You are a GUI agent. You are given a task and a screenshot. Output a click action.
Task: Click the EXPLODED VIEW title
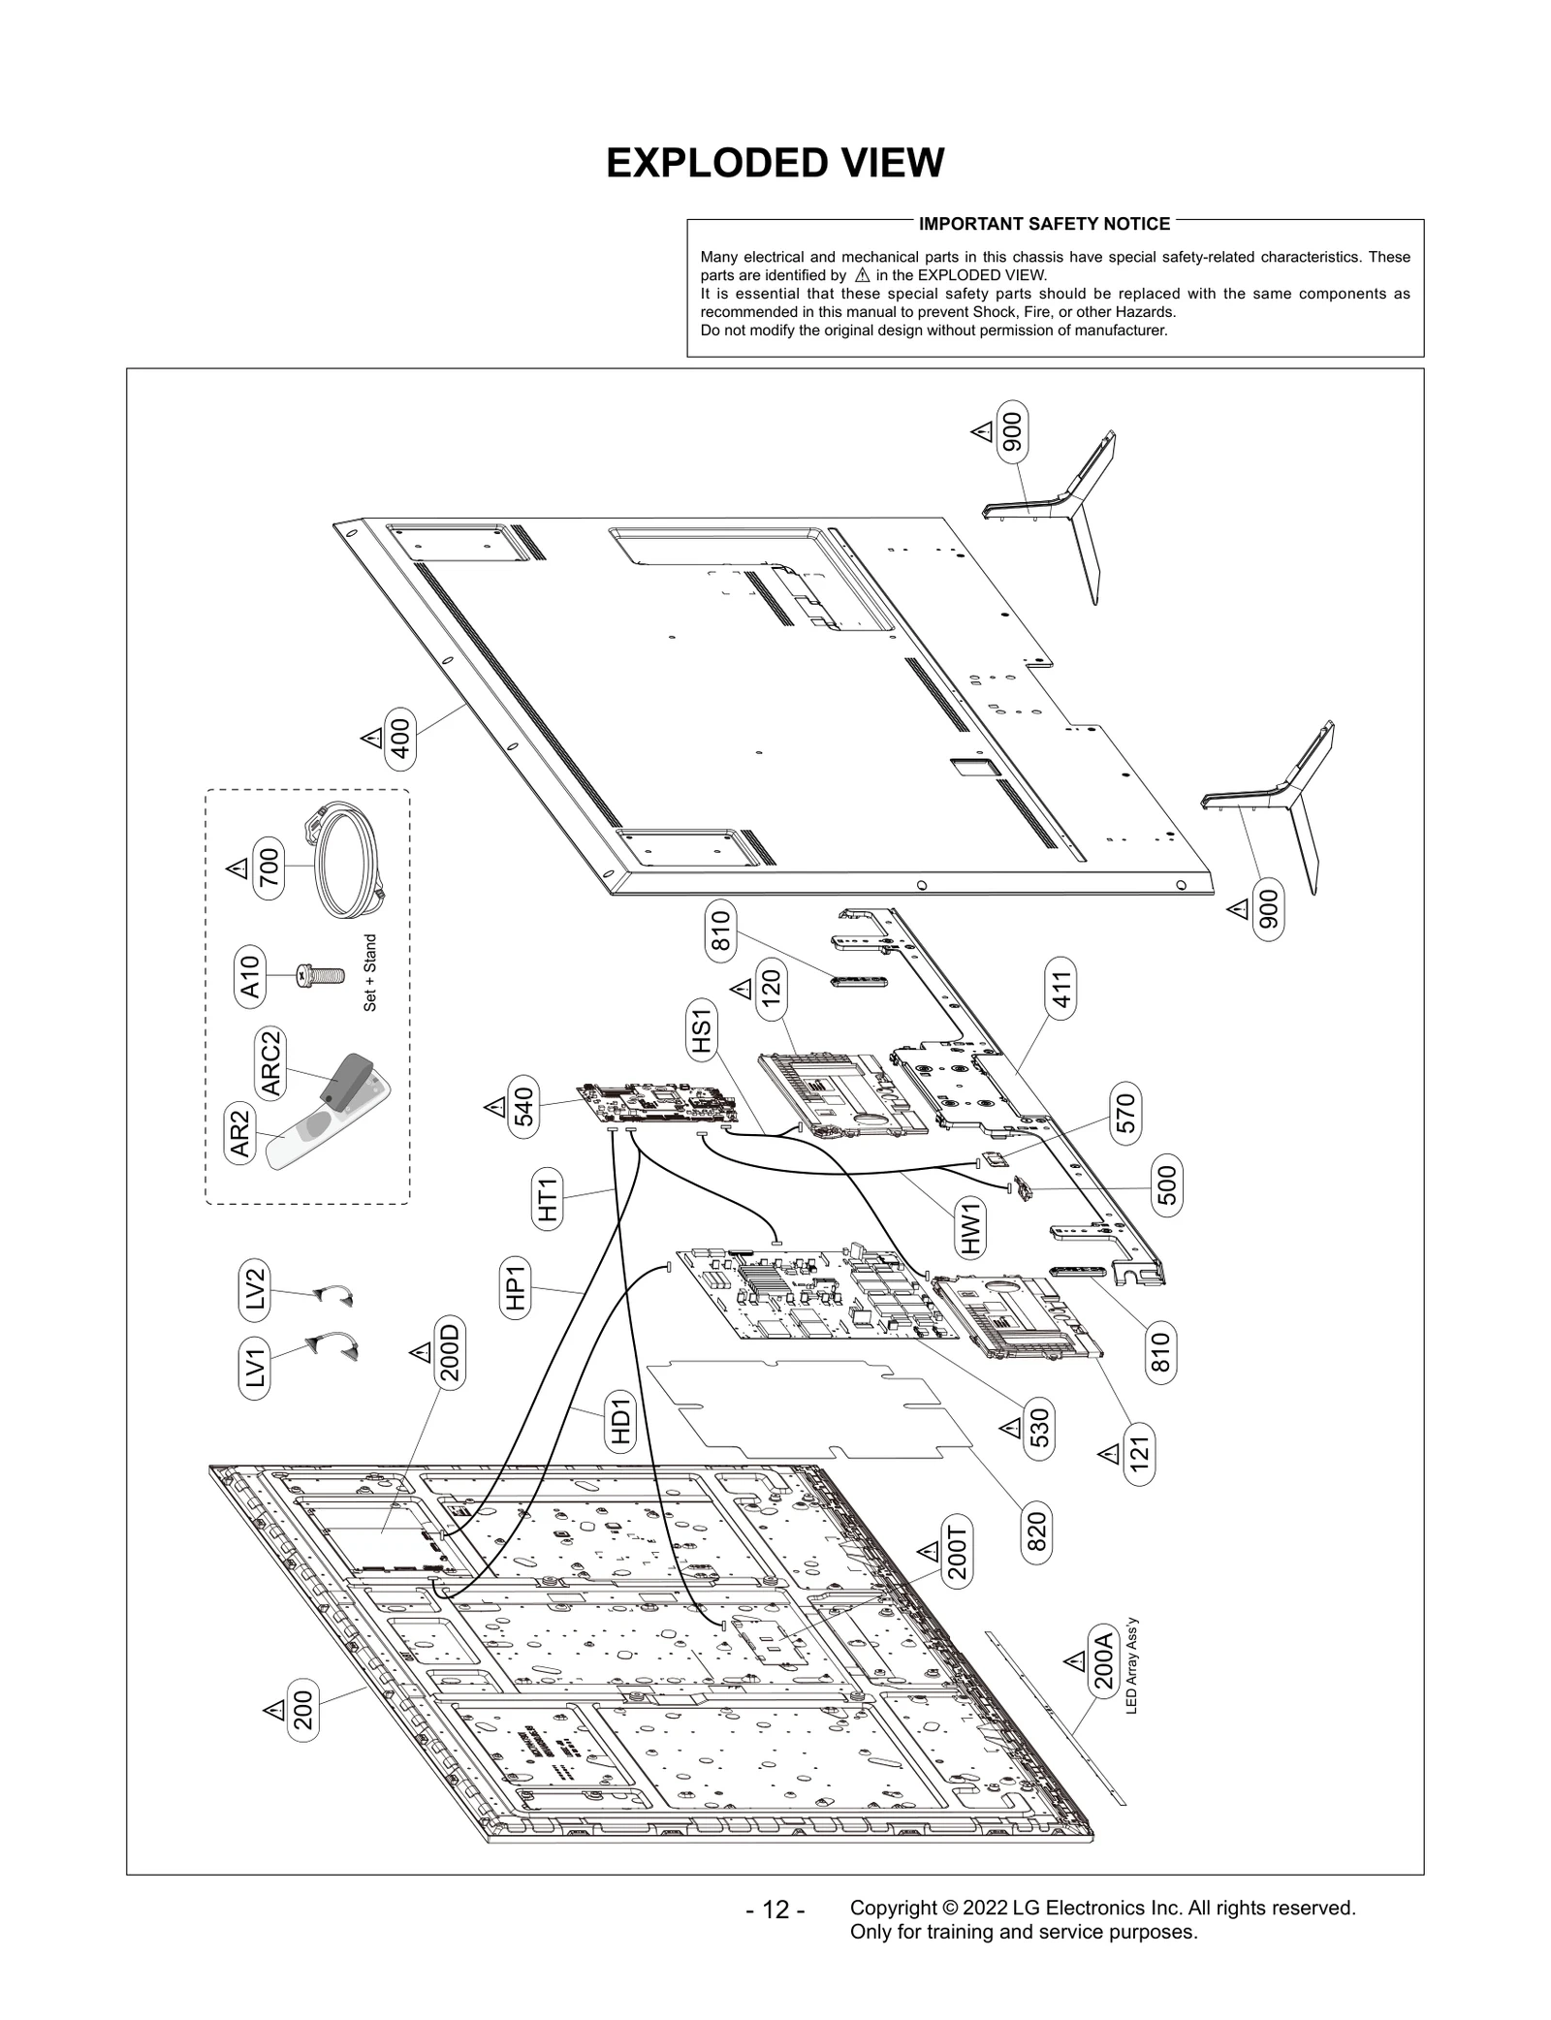(775, 164)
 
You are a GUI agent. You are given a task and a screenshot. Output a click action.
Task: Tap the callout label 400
(399, 739)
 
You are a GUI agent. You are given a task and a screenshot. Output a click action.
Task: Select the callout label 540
(523, 1107)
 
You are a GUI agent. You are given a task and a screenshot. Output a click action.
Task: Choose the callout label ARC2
(271, 1062)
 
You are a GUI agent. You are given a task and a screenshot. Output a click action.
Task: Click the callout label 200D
(450, 1352)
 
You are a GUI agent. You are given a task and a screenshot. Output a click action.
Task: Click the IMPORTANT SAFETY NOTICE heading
(1044, 224)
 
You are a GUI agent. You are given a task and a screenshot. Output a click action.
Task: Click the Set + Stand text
(370, 973)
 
